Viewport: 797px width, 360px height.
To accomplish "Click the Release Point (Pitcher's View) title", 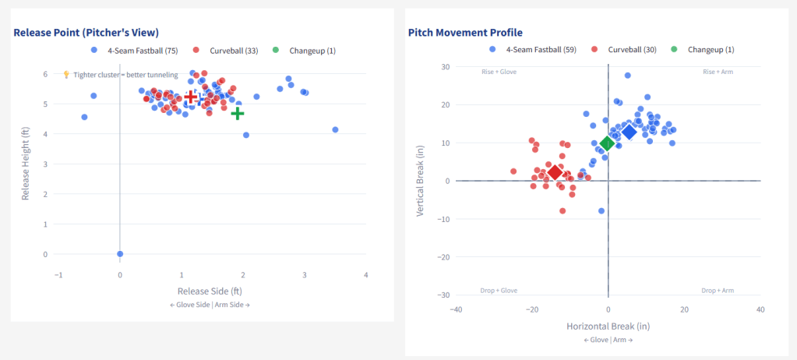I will coord(86,33).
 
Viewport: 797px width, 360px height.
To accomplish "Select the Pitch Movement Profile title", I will coord(465,33).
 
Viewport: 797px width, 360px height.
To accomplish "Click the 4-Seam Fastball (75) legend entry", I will coord(136,51).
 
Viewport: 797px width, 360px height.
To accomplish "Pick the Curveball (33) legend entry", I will coord(230,51).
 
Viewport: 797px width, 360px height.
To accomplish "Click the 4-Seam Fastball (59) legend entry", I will coord(536,50).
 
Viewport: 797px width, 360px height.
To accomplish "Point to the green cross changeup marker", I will coord(237,114).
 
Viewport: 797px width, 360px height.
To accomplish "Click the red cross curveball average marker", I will coord(191,97).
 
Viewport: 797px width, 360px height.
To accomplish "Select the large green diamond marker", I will coord(607,144).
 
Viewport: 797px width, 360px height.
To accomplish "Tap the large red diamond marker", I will coord(555,172).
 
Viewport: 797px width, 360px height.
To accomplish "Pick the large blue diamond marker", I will coord(629,132).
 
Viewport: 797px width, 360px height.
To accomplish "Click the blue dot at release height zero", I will coord(120,254).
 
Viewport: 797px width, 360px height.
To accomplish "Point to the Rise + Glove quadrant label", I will coord(499,72).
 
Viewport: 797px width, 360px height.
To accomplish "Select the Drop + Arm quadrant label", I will coord(718,291).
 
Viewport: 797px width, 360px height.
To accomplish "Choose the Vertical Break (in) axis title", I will coord(421,180).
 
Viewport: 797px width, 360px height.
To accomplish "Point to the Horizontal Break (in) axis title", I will coord(608,325).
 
